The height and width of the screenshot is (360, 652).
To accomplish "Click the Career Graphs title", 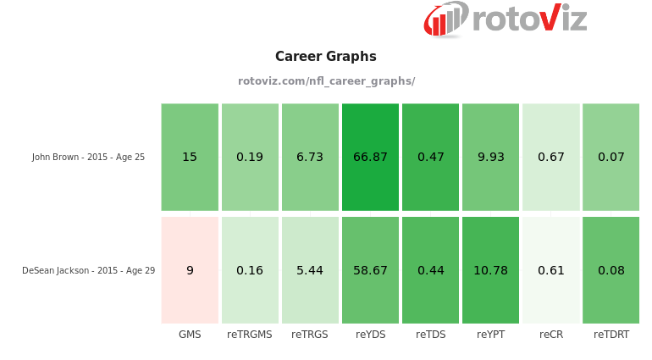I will (326, 57).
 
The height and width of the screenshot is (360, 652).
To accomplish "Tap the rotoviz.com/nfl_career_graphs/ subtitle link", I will (326, 81).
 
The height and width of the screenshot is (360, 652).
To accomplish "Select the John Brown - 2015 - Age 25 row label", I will (88, 158).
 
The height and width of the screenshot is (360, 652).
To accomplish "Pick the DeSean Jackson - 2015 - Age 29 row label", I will (88, 271).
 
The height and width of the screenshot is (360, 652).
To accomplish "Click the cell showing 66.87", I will (370, 158).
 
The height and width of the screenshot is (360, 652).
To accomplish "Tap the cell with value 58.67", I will (370, 270).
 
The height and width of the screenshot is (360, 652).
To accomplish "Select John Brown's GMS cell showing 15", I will (190, 158).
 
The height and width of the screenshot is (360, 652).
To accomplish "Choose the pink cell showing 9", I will (190, 270).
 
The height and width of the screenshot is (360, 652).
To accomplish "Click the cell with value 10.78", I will (490, 270).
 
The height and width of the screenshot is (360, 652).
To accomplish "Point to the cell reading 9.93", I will (490, 158).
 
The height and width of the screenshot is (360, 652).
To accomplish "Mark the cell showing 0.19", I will (250, 158).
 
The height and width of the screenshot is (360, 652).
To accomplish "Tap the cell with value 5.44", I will (310, 270).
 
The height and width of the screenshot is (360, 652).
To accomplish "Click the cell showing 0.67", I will (551, 158).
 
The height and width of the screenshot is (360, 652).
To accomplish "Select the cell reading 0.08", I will (611, 270).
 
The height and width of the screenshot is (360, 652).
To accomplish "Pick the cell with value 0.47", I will (430, 158).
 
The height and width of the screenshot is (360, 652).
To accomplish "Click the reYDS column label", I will (370, 335).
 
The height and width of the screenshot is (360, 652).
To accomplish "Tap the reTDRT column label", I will (611, 335).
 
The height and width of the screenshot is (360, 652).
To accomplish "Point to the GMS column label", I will (190, 335).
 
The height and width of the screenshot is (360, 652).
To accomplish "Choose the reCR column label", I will (551, 335).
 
